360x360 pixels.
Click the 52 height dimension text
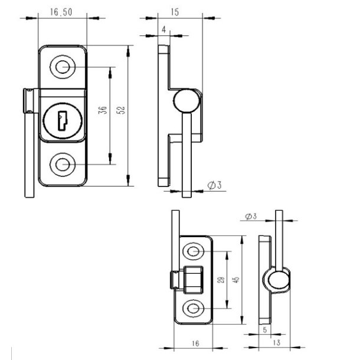click(x=120, y=110)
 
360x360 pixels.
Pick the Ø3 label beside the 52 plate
click(x=214, y=186)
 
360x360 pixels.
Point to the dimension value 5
click(x=264, y=330)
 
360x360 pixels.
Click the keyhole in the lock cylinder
click(x=62, y=122)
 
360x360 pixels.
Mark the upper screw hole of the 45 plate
click(x=194, y=252)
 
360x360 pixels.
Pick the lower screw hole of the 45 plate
click(x=194, y=307)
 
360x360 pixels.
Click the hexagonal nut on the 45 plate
click(x=193, y=279)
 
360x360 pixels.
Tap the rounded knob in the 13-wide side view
click(x=276, y=279)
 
